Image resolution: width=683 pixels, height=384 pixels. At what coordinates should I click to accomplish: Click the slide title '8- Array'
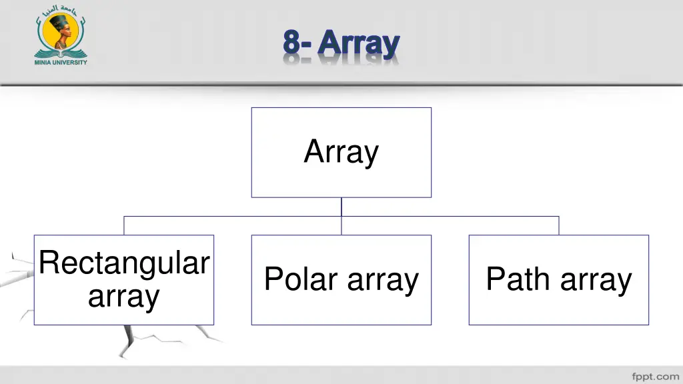tap(341, 44)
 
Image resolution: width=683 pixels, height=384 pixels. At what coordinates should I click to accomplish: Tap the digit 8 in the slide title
tap(290, 43)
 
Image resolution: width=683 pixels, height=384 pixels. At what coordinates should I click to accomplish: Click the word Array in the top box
tap(341, 152)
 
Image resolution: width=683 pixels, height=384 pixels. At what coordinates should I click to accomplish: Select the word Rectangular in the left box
tap(124, 263)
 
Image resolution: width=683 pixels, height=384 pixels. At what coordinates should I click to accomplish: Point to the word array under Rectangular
tap(124, 296)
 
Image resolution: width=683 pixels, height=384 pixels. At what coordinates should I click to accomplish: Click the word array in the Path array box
tap(596, 280)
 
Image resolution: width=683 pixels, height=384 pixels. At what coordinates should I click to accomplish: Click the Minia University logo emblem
tap(61, 35)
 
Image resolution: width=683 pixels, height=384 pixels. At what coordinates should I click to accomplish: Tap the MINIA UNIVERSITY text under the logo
tap(61, 63)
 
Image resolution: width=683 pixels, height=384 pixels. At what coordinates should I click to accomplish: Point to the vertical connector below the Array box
tap(341, 206)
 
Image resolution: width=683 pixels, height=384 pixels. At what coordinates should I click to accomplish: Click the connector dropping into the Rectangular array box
tap(124, 225)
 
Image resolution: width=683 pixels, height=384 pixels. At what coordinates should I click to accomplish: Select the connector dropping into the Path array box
tap(559, 225)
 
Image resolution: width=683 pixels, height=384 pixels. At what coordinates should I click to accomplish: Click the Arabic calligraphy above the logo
tap(61, 10)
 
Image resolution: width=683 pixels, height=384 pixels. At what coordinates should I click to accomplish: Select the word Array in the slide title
tap(359, 44)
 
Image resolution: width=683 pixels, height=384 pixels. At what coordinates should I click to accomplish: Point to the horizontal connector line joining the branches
tap(233, 216)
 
